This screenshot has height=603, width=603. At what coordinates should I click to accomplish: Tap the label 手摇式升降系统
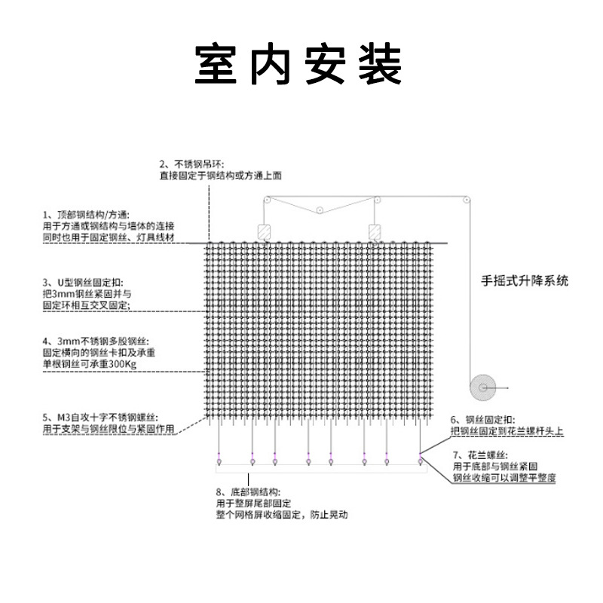(x=525, y=281)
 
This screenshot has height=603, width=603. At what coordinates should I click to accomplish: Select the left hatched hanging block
(x=265, y=231)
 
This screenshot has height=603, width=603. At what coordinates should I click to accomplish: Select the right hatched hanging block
(x=375, y=231)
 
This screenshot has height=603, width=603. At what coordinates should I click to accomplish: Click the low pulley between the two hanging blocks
(x=320, y=210)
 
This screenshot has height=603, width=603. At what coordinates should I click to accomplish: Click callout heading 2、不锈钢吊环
(x=191, y=164)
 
